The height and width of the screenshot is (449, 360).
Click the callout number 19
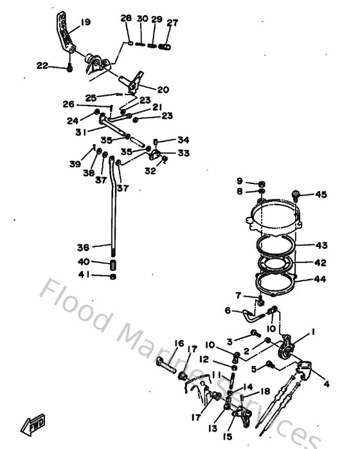pos(85,23)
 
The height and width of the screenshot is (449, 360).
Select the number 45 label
pos(320,195)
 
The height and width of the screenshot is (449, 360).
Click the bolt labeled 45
pos(296,194)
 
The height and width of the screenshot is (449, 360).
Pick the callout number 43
pos(320,245)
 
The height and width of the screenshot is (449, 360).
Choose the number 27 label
pos(172,23)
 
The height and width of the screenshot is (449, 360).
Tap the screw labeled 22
pos(69,66)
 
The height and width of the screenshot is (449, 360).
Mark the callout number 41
pos(83,276)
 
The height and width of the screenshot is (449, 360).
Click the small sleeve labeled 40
pos(113,263)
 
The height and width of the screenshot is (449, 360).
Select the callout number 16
pos(179,344)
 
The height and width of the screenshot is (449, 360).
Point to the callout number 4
pos(326,385)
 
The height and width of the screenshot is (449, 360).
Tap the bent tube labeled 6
pos(251,315)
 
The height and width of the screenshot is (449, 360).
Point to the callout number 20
pos(163,89)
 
